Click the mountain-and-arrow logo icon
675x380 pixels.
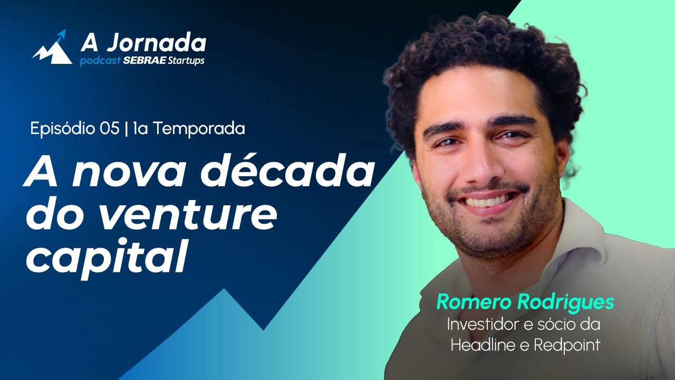click(x=52, y=48)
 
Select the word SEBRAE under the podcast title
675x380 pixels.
click(x=144, y=61)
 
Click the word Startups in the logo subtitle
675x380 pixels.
click(x=186, y=61)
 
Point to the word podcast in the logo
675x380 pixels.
click(x=100, y=61)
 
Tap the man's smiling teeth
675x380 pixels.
click(x=488, y=201)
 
